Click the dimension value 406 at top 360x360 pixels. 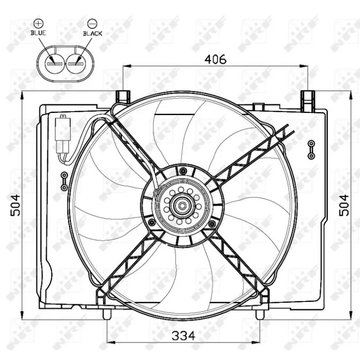(216, 59)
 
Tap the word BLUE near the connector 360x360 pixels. (38, 33)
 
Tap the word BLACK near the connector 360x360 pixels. (92, 33)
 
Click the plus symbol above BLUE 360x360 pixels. (38, 22)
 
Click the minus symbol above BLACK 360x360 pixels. (92, 22)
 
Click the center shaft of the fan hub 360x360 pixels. (183, 206)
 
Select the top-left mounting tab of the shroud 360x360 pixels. (123, 96)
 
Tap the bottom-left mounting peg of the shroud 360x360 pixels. (107, 314)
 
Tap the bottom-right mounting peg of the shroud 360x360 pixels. (259, 314)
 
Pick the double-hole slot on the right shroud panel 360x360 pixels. (311, 149)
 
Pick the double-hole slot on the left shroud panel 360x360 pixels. (64, 180)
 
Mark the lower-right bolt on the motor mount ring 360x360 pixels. (211, 223)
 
